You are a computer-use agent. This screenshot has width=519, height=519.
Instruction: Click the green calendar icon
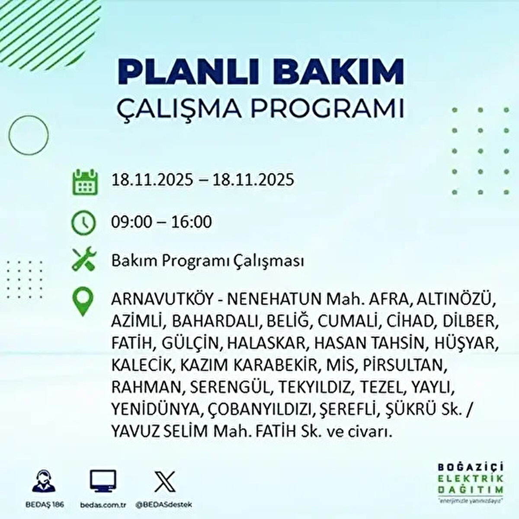click(83, 182)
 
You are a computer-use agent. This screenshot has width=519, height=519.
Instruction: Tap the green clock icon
click(83, 223)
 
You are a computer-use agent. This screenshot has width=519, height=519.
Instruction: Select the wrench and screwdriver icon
click(83, 260)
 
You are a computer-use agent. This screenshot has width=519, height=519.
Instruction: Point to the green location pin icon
click(83, 302)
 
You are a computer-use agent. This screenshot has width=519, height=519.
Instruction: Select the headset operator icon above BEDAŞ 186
click(44, 481)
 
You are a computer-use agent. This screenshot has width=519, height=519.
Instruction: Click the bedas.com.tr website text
click(103, 505)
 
